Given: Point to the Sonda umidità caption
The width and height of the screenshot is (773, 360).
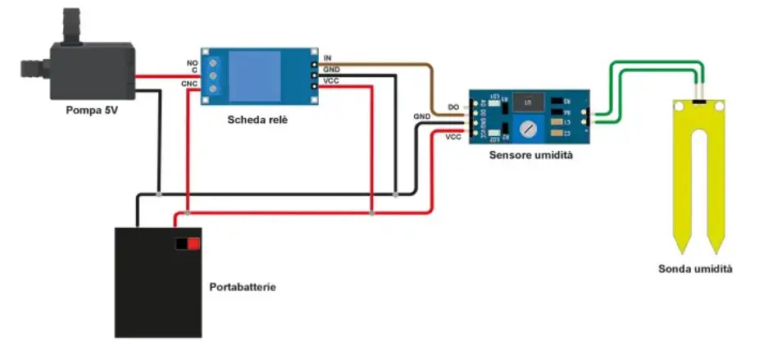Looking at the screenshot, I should coord(696,268).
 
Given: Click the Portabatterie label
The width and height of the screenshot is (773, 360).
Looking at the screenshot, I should coord(243,288).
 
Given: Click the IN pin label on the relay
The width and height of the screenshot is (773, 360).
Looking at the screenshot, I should coord(328,57).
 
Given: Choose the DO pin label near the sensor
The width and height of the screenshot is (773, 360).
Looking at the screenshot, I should coord(452,107).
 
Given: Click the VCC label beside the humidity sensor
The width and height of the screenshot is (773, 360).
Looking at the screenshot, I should coord(452,137).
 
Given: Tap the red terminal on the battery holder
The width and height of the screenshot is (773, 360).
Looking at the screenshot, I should coord(193,244).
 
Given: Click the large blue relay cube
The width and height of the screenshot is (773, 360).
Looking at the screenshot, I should coord(266,76).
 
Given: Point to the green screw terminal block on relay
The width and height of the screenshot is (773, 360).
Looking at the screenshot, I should coord(215,76).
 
